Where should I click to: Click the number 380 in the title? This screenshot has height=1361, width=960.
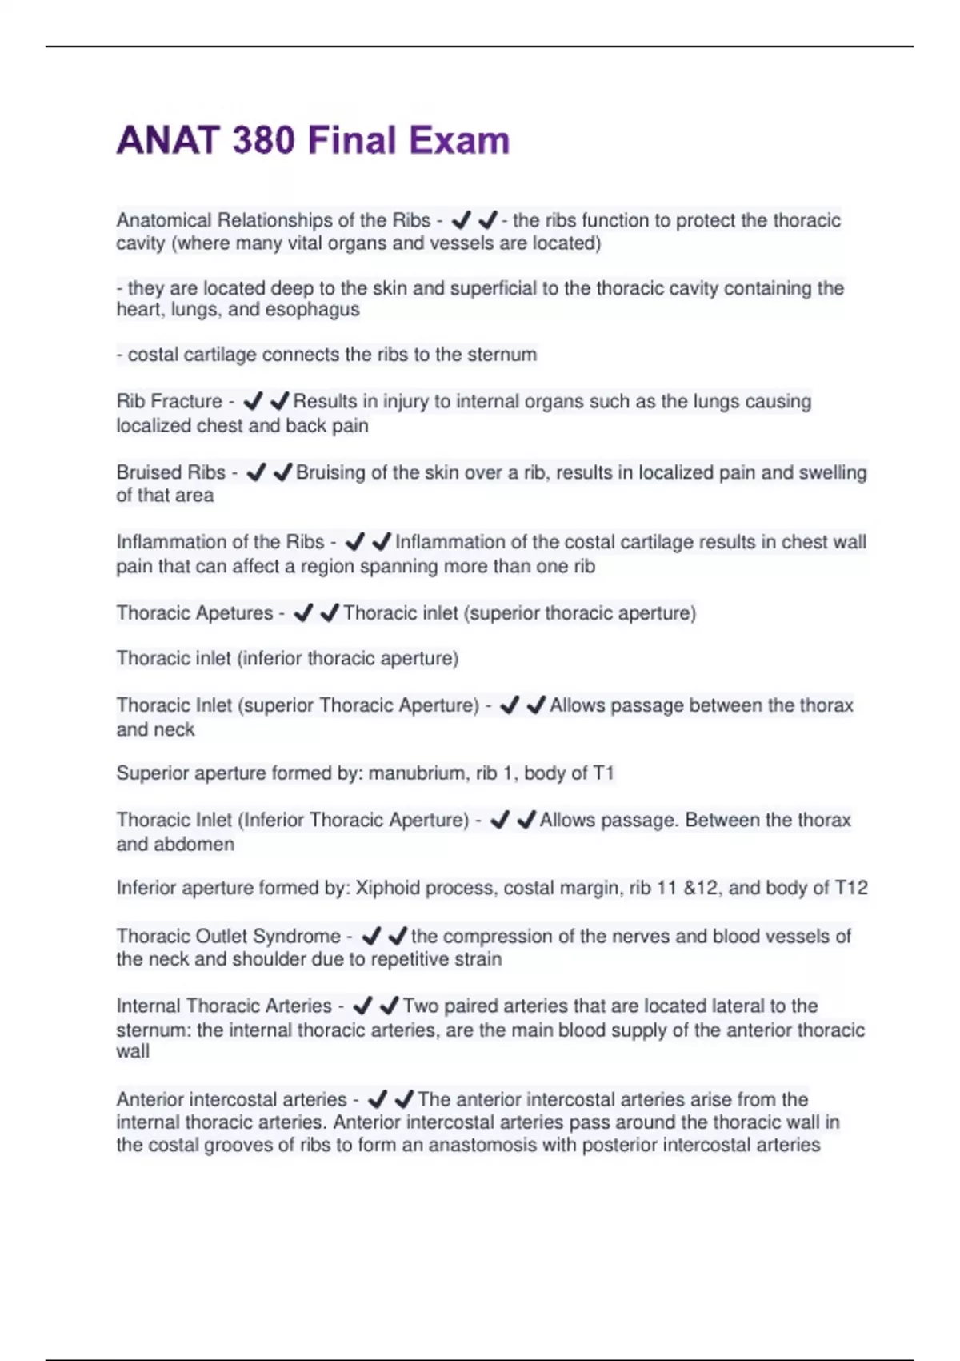263,141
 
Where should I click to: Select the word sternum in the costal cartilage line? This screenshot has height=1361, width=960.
502,355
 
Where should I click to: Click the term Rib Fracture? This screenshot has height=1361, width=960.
169,401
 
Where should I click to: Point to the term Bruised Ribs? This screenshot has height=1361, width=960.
170,472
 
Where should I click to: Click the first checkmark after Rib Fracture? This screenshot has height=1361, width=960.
253,401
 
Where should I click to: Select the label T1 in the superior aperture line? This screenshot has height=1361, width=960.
603,773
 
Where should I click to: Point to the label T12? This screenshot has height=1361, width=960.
851,888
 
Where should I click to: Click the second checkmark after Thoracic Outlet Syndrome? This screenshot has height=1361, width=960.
397,936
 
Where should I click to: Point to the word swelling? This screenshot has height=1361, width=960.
832,472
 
